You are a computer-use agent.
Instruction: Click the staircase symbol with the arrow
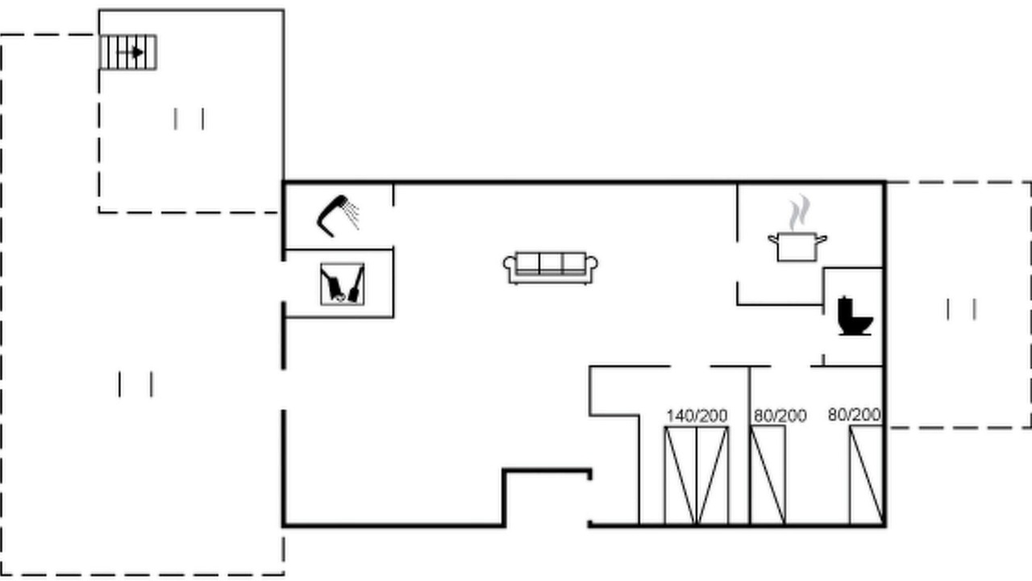[x=128, y=52]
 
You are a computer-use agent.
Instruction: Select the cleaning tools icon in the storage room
[x=343, y=284]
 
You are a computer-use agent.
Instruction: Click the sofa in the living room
[x=551, y=268]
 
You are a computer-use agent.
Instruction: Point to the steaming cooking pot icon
[x=797, y=228]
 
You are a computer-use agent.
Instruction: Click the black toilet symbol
[x=855, y=316]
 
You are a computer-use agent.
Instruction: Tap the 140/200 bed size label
[x=697, y=416]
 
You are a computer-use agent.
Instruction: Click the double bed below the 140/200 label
[x=697, y=475]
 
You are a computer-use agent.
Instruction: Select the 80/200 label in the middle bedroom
[x=780, y=416]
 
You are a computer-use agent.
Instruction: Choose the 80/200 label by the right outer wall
[x=854, y=415]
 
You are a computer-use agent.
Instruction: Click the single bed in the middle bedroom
[x=768, y=475]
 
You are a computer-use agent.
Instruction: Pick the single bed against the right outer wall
[x=867, y=475]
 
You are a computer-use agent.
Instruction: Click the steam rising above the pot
[x=799, y=212]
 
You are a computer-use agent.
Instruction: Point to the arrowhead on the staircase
[x=138, y=52]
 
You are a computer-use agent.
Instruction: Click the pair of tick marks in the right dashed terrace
[x=961, y=309]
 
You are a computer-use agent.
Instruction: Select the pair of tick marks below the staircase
[x=189, y=119]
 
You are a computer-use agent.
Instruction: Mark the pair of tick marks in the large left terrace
[x=135, y=384]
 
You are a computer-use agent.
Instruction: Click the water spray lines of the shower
[x=352, y=215]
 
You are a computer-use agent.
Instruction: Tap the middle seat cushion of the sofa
[x=551, y=263]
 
